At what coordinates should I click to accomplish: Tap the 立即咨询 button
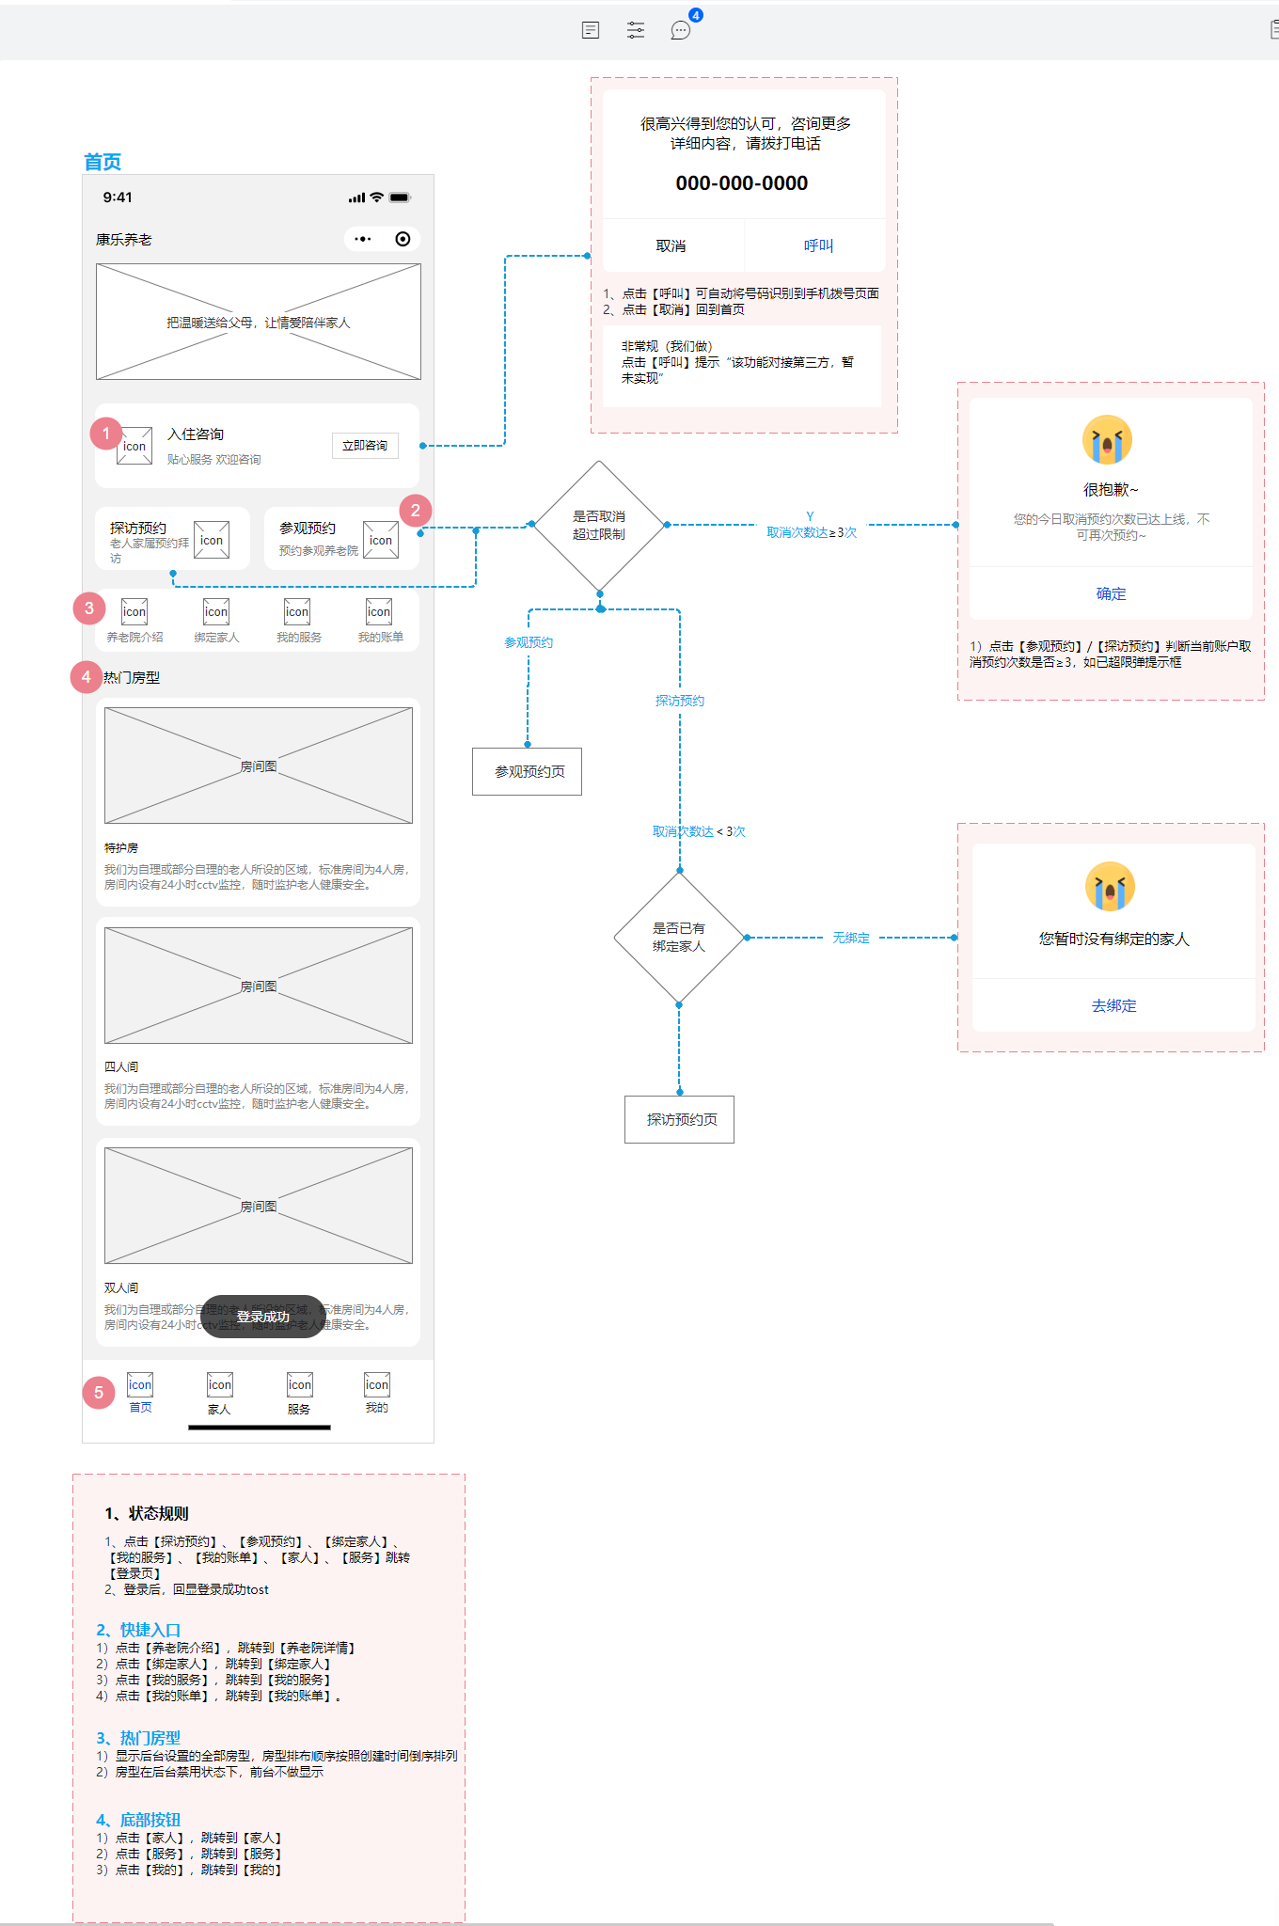[365, 446]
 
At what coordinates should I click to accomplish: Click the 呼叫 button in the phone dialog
[817, 245]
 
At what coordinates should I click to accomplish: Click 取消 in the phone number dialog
[671, 245]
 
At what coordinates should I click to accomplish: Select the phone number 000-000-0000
[741, 183]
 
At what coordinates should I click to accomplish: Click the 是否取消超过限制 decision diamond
[599, 525]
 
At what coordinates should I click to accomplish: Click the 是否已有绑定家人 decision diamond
[678, 937]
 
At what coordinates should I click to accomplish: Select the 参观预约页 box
[527, 771]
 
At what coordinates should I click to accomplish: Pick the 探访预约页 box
[679, 1119]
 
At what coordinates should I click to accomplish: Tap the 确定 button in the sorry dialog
[1110, 593]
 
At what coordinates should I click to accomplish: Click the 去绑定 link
[1113, 1005]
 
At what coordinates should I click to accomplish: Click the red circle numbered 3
[89, 608]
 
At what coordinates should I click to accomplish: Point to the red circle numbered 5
[99, 1393]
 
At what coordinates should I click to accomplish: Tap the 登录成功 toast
[262, 1317]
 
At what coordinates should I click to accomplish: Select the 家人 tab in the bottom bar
[219, 1393]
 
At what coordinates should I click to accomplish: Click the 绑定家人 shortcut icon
[216, 612]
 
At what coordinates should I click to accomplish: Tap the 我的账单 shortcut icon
[379, 612]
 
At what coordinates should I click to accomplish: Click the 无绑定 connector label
[850, 938]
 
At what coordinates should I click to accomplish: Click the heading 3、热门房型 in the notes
[138, 1738]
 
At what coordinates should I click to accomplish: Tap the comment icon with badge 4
[681, 30]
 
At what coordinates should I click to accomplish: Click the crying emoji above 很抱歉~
[1107, 440]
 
